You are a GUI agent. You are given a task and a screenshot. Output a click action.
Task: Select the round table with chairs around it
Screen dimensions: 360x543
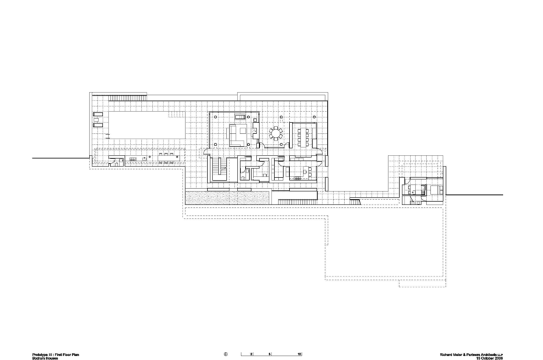(x=276, y=132)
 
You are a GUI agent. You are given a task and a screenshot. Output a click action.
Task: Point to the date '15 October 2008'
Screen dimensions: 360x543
(x=493, y=355)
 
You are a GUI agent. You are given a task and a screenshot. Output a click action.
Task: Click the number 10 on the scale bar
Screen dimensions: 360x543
(x=299, y=354)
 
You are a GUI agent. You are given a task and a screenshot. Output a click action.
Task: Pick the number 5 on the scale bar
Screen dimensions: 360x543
(x=269, y=354)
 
